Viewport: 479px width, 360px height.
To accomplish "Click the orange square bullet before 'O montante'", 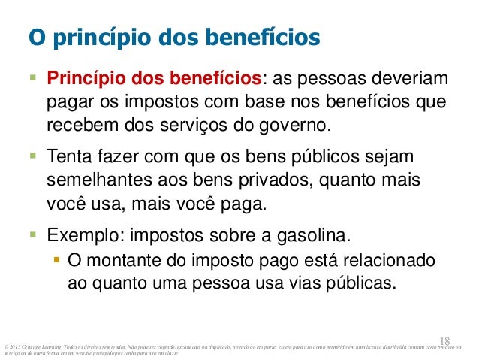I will (56, 262).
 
